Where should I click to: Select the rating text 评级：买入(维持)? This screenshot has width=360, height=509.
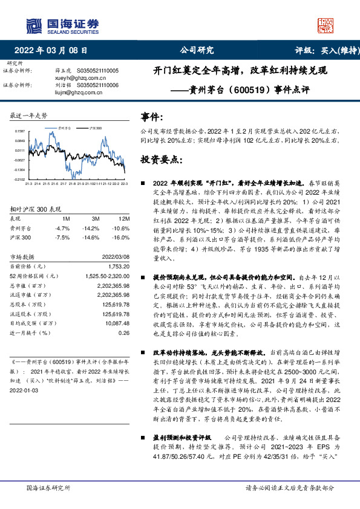point(324,50)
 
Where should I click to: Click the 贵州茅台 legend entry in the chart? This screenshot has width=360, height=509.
point(67,129)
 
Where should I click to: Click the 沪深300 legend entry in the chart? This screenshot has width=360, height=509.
point(94,129)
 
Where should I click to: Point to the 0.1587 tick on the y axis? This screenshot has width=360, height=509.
point(20,131)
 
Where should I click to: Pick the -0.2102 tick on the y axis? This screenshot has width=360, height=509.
point(20,180)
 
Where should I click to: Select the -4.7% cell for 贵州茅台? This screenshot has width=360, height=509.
point(62,228)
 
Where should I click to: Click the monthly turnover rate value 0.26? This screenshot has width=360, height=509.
point(124,332)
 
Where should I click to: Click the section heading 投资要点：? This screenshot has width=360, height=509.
point(162,159)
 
